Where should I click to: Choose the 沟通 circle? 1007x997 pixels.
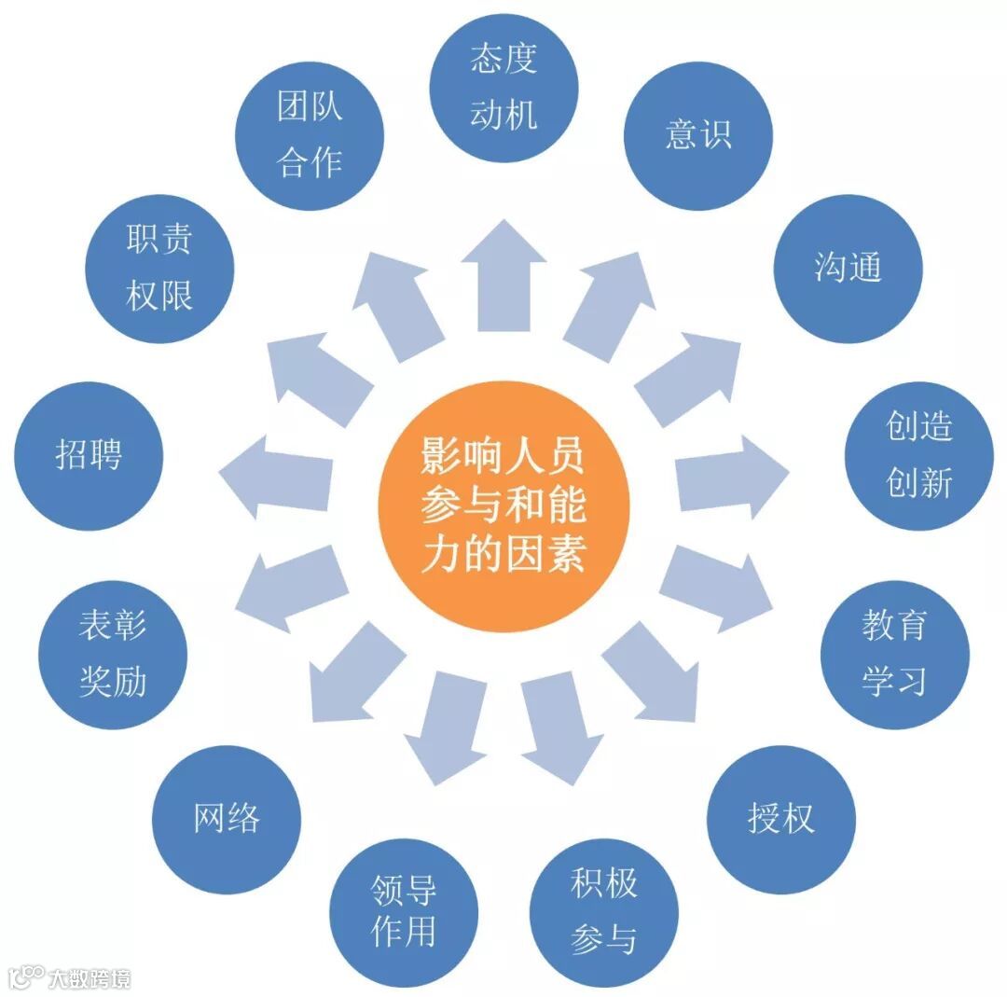[x=848, y=269]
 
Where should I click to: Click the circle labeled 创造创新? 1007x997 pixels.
[x=919, y=455]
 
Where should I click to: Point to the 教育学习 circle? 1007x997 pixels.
[x=894, y=654]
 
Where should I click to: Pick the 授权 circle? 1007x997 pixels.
[x=780, y=818]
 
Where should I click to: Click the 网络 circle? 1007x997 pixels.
[x=227, y=818]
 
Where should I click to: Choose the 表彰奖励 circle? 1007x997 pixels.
[x=113, y=654]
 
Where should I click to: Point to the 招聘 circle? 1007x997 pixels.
[x=89, y=456]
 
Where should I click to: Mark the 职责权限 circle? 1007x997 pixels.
[x=159, y=269]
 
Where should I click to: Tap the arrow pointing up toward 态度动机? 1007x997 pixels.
[x=504, y=275]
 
